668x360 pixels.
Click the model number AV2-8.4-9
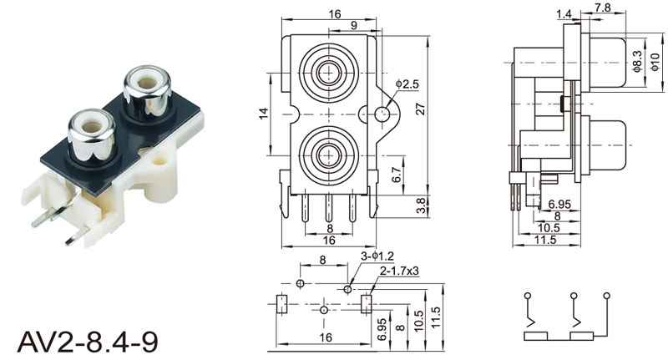click(88, 342)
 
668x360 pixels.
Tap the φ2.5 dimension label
click(407, 84)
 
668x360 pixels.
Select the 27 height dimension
click(421, 109)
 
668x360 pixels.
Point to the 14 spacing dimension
click(264, 114)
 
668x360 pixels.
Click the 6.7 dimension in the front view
click(397, 175)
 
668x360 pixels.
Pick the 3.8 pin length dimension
click(421, 206)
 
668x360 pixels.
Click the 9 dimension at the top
click(354, 25)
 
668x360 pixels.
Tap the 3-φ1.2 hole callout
click(377, 256)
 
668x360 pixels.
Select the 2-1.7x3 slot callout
click(399, 271)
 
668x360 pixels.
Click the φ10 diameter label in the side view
click(655, 62)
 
